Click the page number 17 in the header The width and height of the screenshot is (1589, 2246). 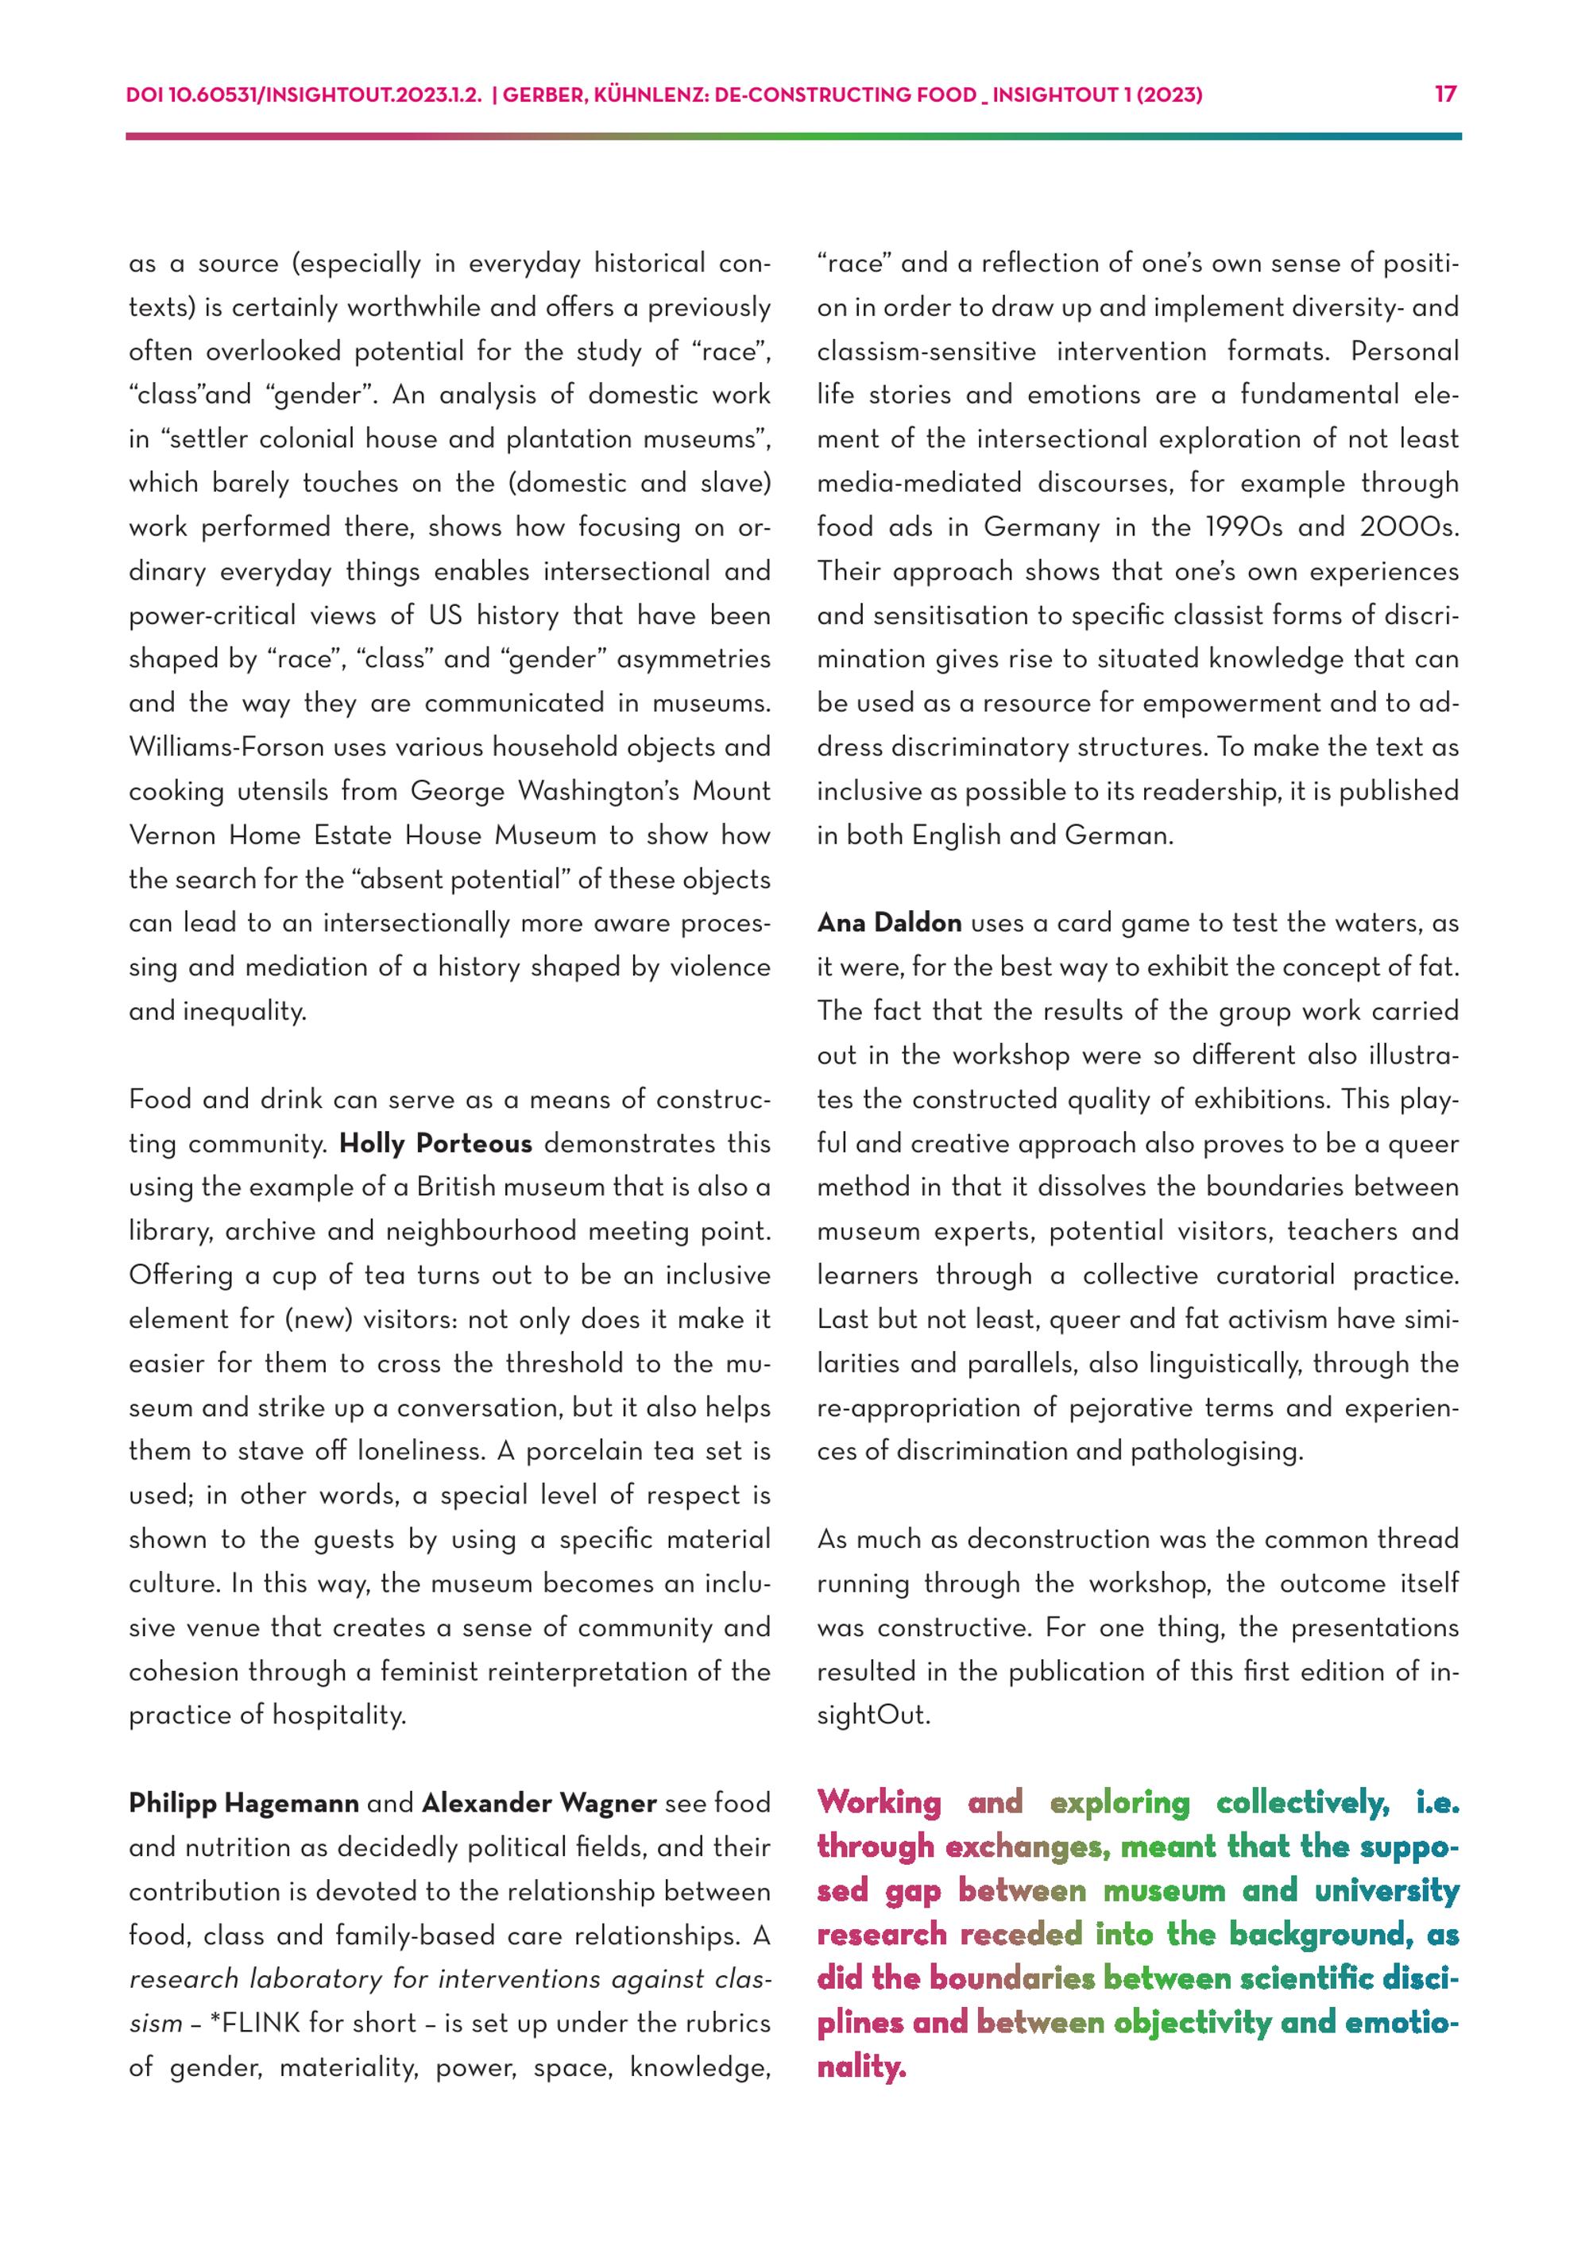[x=1445, y=94]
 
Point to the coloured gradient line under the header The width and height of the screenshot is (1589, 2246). [x=794, y=137]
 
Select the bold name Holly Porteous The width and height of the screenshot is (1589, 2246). [x=435, y=1144]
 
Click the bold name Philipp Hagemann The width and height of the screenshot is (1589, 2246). [x=244, y=1803]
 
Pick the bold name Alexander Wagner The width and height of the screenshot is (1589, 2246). [x=539, y=1803]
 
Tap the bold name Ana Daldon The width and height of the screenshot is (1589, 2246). [x=889, y=923]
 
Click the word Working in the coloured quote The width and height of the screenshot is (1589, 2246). [x=879, y=1802]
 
